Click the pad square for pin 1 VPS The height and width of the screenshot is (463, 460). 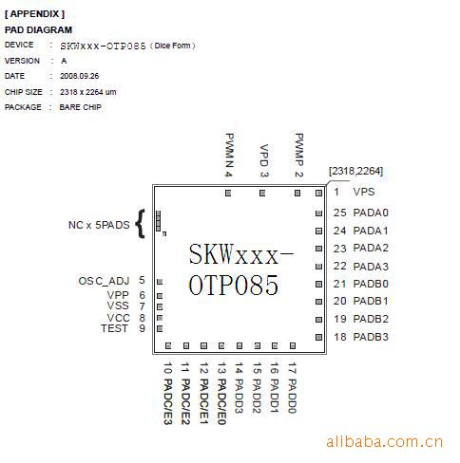[x=318, y=193]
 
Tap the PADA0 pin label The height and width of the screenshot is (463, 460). [x=371, y=213]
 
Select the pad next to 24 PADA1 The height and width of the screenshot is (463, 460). [x=318, y=231]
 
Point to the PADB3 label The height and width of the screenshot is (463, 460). [x=371, y=337]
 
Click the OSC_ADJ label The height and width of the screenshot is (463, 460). [x=104, y=281]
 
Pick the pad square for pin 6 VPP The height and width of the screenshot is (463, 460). [x=160, y=296]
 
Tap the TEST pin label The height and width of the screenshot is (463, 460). [x=114, y=328]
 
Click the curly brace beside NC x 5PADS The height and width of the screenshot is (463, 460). [x=140, y=223]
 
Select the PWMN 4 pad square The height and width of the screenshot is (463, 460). [x=228, y=193]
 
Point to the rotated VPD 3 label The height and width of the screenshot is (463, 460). [x=264, y=160]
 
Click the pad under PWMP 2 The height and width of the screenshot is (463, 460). [x=297, y=193]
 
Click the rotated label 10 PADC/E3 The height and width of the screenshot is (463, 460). [x=168, y=394]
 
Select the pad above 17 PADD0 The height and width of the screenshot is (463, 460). [x=293, y=345]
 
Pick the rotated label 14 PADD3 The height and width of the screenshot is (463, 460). [x=239, y=388]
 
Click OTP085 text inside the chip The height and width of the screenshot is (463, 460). [x=234, y=285]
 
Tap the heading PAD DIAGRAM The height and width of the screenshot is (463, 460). [x=38, y=30]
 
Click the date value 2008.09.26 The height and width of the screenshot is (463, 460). [x=80, y=76]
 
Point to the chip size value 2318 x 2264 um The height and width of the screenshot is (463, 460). [x=88, y=92]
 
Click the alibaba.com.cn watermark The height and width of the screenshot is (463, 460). [x=384, y=441]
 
